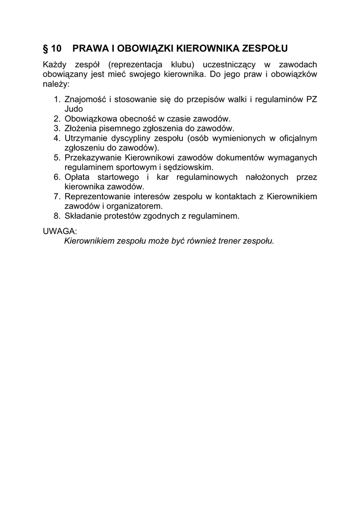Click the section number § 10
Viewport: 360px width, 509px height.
tap(52, 48)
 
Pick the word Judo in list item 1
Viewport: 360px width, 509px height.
tap(74, 109)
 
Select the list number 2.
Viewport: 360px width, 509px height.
tap(57, 118)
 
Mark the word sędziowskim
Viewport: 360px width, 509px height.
tap(191, 167)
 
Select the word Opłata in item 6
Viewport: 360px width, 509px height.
tap(77, 177)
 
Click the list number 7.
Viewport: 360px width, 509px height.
tap(57, 196)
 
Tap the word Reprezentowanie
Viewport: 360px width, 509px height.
tap(97, 196)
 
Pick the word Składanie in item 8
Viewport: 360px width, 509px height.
tap(83, 216)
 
